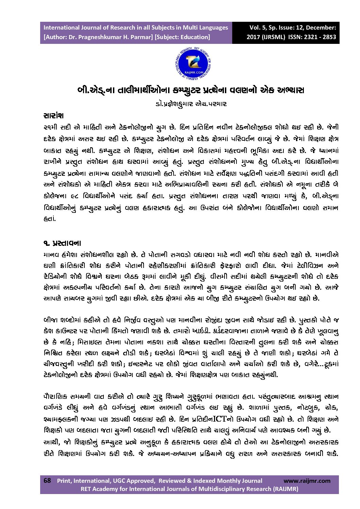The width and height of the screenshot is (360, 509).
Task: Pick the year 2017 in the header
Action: (x=253, y=37)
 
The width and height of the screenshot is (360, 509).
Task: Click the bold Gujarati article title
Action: (x=191, y=90)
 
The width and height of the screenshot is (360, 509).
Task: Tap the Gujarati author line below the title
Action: (x=191, y=104)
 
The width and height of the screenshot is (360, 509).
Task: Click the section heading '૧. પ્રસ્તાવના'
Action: (x=62, y=243)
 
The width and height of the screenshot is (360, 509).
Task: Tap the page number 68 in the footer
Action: (x=47, y=480)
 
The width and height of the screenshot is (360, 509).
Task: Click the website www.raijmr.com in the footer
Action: (x=307, y=480)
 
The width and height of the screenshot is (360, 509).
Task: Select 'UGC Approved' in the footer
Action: (x=133, y=480)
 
